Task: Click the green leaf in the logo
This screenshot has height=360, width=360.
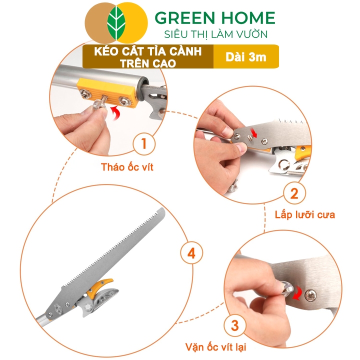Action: point(116,23)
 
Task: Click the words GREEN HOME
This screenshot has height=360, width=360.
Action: point(215,17)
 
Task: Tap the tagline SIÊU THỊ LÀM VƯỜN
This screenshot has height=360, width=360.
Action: point(216,34)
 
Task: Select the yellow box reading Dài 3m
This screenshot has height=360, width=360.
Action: point(246,56)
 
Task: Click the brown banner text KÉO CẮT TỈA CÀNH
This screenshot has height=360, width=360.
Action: point(148,51)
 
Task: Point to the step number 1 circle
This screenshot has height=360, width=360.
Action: point(144,143)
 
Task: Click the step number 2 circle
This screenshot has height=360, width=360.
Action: point(294,193)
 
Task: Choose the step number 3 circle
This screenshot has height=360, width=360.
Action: point(234,325)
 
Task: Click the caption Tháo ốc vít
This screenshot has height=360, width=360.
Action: point(127,167)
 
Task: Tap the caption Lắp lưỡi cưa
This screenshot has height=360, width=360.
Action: point(305,215)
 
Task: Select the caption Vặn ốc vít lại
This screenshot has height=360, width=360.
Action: point(215,347)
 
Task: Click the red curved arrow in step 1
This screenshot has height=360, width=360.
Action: point(115,113)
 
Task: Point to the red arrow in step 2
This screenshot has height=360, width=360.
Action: point(253,133)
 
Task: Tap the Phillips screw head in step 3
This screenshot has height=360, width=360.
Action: point(310,295)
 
